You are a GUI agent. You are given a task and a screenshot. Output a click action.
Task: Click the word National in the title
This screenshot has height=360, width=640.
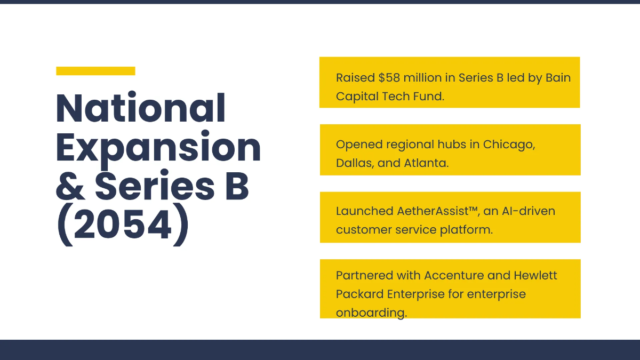[141, 108]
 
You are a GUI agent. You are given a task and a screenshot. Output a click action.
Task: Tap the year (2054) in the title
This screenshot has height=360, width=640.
[122, 226]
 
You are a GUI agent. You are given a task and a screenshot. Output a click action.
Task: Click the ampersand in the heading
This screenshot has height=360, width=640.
[69, 187]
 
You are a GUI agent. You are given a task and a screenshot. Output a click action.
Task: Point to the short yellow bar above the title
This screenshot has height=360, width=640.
[95, 71]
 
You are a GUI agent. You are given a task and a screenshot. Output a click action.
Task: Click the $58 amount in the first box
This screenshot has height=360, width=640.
[389, 78]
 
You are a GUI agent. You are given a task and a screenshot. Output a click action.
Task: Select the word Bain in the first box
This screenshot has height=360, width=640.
[558, 78]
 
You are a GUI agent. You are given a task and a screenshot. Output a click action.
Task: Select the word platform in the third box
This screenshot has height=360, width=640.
[466, 230]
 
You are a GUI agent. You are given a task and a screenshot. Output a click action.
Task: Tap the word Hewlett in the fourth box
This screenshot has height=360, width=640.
[535, 276]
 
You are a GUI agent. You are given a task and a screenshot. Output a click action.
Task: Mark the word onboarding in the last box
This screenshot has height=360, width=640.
[371, 313]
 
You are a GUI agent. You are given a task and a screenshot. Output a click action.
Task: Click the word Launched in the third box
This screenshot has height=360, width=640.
[364, 211]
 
